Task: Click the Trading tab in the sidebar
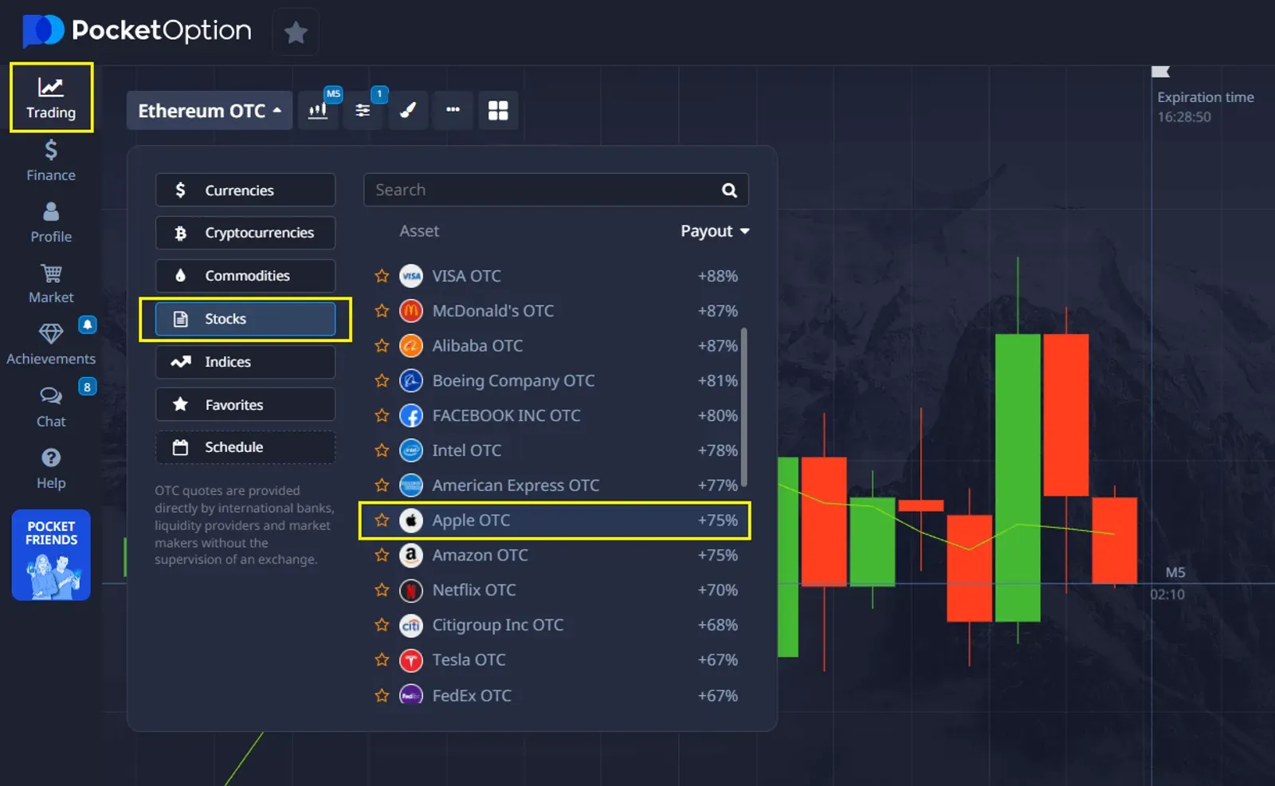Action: [51, 98]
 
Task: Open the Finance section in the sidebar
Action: [51, 160]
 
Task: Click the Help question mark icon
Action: [51, 458]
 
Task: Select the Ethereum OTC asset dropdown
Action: [210, 111]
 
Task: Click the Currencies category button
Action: [245, 191]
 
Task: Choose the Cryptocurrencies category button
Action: [245, 233]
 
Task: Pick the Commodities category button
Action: [245, 276]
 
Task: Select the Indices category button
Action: [245, 362]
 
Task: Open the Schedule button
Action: [245, 447]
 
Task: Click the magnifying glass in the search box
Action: [729, 191]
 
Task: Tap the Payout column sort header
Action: [714, 231]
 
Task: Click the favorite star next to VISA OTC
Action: [382, 276]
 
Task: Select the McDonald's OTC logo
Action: [411, 311]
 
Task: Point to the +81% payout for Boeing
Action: [717, 381]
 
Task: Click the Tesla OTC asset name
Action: [469, 660]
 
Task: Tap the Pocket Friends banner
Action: [51, 555]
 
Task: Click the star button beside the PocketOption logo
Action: [296, 33]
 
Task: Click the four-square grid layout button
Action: [498, 111]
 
